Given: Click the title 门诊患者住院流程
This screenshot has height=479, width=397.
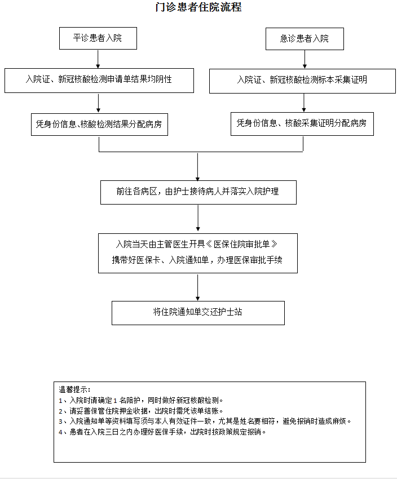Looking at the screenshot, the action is tap(198, 7).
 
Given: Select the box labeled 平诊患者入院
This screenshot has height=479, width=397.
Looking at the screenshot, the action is tap(98, 38).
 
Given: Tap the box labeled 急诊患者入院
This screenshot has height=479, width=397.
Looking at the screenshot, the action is tap(305, 39).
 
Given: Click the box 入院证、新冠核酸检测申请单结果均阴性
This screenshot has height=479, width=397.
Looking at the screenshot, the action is tap(99, 81).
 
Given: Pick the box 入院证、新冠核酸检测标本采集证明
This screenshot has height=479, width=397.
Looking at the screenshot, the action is tap(302, 81).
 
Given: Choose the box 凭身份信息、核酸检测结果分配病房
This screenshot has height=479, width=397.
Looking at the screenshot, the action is tap(99, 125).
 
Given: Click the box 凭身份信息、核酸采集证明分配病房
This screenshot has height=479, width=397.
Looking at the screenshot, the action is tap(302, 124).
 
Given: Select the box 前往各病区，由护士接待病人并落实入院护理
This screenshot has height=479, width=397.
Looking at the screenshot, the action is tap(198, 192).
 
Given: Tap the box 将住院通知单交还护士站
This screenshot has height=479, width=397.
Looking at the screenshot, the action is tap(198, 313).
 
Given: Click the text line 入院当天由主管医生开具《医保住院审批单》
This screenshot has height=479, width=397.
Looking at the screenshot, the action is tap(197, 244).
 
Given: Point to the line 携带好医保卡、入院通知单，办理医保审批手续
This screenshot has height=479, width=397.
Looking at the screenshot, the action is tap(197, 260).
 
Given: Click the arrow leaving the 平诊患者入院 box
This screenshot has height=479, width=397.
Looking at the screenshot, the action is tap(98, 59).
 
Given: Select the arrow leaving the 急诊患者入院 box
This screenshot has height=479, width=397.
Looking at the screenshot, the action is tap(305, 59).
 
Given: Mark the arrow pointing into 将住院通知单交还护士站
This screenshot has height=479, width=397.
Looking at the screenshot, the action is tap(198, 287).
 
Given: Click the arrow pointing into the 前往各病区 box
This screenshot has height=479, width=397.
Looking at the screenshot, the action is tap(198, 167).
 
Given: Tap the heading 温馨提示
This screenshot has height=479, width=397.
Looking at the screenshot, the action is tap(74, 389).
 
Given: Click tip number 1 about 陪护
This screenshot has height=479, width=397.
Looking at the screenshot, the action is tap(141, 400).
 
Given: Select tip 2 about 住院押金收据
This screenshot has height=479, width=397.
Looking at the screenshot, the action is tap(141, 411).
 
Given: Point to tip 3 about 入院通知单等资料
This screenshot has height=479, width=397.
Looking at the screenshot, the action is tap(205, 422).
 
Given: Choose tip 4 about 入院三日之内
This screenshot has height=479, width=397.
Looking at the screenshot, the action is tap(162, 432).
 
